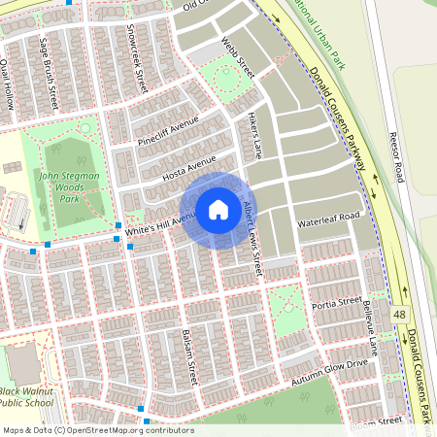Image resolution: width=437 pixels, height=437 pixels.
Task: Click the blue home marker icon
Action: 218,209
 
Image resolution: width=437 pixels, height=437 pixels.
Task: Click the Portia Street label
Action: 337,302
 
